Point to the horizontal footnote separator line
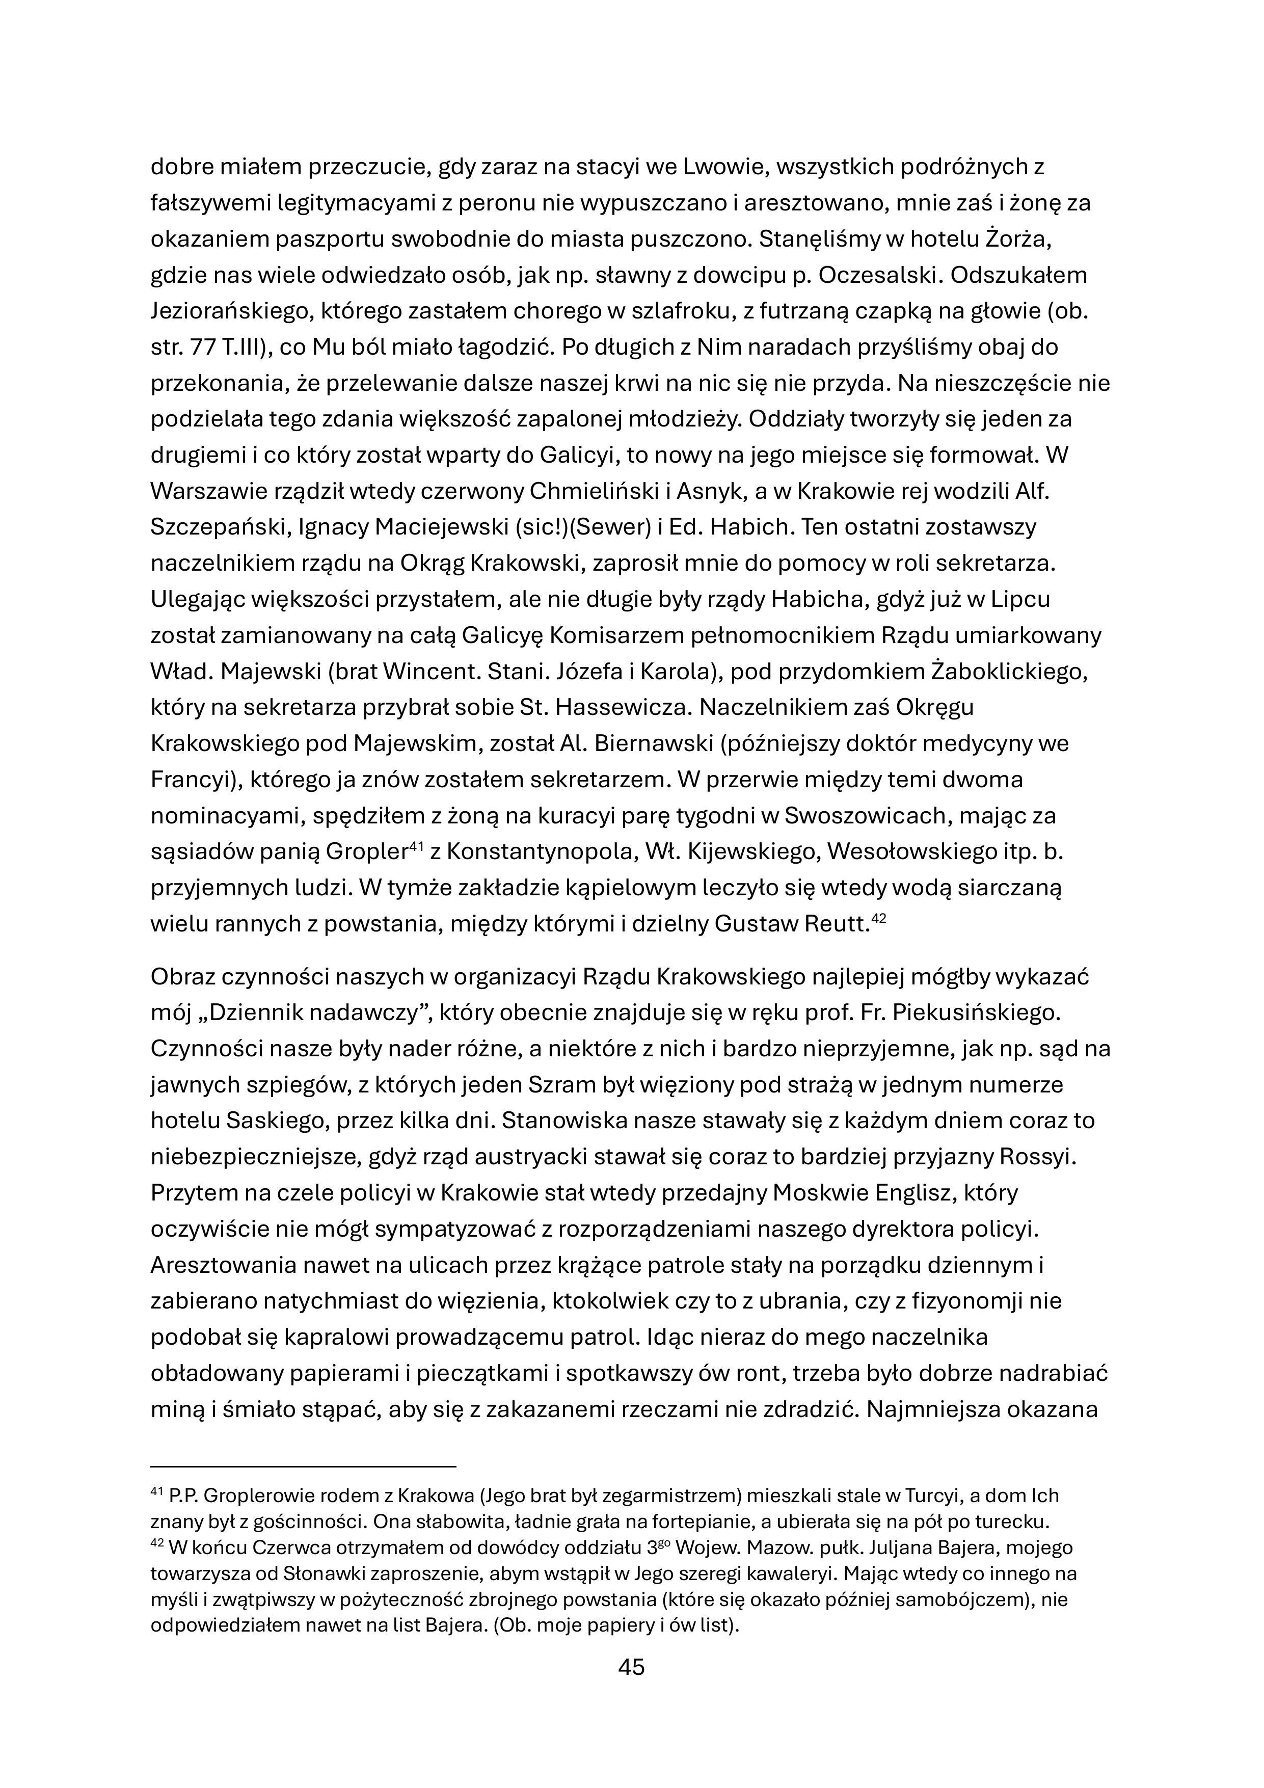pyautogui.click(x=303, y=1467)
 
